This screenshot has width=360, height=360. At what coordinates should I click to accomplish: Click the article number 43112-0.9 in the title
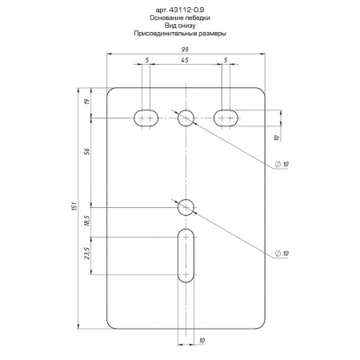point(186,10)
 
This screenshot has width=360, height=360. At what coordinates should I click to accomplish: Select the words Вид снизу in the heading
point(180,26)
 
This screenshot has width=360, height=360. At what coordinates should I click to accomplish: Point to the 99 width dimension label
point(185,50)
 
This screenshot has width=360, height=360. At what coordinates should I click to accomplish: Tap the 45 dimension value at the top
point(185,60)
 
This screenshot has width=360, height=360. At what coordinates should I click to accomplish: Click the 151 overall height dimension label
point(74,206)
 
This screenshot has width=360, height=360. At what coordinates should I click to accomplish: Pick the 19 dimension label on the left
point(87,102)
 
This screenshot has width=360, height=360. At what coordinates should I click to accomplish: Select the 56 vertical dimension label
point(87,151)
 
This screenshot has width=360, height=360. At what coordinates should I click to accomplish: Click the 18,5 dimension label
point(87,221)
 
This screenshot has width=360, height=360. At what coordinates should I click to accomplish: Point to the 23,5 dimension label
point(87,253)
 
